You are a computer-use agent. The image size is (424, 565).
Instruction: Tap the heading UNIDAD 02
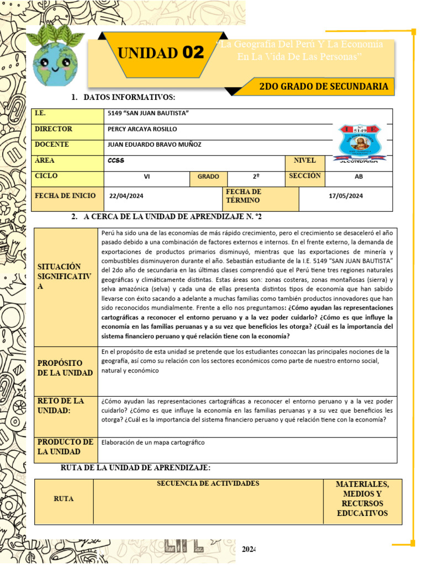click(x=161, y=53)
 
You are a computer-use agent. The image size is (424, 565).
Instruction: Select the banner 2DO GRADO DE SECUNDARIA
click(x=323, y=87)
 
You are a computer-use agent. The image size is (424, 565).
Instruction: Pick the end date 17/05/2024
click(x=346, y=196)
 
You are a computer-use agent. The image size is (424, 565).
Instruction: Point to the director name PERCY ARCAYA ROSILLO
click(x=142, y=129)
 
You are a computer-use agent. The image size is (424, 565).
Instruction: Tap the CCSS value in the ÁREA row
click(x=116, y=161)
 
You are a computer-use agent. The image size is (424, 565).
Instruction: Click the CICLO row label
click(x=46, y=176)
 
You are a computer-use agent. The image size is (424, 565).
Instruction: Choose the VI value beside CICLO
click(x=146, y=177)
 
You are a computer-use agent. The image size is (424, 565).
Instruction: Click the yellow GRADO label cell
click(x=208, y=177)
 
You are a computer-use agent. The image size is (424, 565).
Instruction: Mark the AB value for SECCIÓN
click(x=359, y=177)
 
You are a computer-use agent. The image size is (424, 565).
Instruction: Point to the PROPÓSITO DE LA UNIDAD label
click(x=65, y=368)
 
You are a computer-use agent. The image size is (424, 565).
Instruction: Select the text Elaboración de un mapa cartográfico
click(x=153, y=443)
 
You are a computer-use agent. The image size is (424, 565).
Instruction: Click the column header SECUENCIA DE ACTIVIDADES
click(x=208, y=484)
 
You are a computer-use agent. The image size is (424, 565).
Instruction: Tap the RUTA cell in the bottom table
click(x=63, y=499)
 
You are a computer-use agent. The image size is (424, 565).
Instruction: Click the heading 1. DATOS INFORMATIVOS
click(x=124, y=98)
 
